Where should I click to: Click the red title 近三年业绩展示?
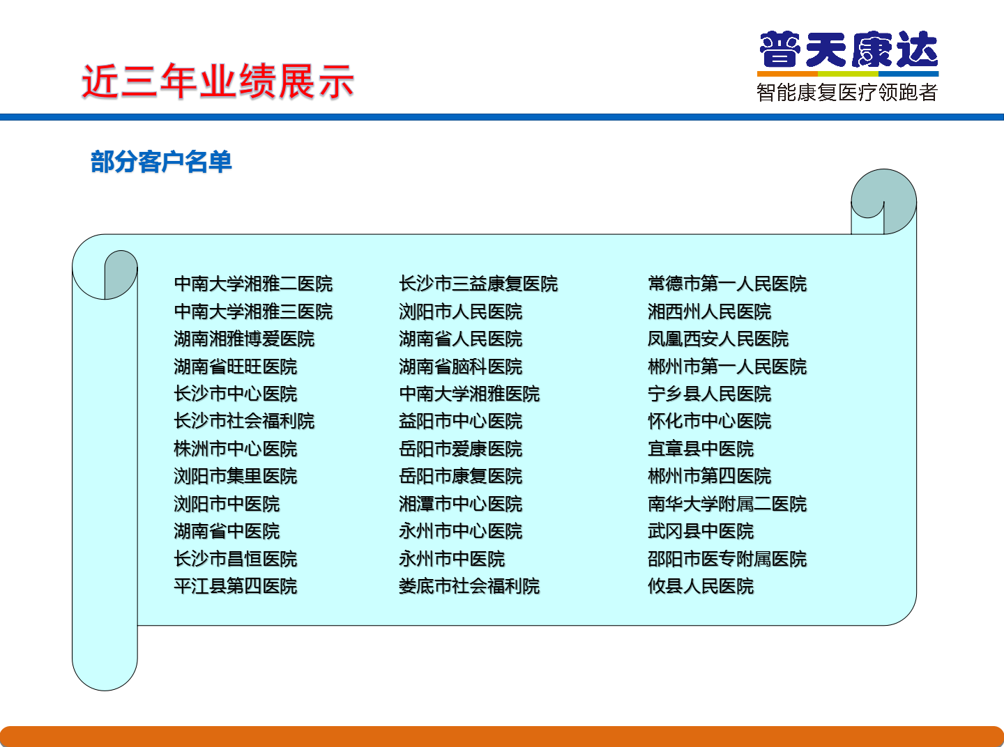[x=218, y=82]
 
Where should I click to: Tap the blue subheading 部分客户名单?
[x=161, y=162]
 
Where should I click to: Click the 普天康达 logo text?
[x=849, y=49]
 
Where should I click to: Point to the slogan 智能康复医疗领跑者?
[x=847, y=92]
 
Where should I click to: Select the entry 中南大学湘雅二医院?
[x=254, y=284]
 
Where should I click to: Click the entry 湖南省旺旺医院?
[x=236, y=367]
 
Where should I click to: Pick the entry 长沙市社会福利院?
[x=245, y=422]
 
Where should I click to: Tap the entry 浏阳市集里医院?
[x=236, y=477]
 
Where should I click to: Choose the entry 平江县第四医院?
[x=236, y=586]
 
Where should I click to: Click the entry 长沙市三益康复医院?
[x=478, y=284]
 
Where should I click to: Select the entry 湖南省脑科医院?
[x=461, y=367]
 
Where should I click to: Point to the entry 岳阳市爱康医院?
[x=461, y=449]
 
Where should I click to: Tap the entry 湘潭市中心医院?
[x=461, y=504]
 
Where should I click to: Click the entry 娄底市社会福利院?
[x=469, y=586]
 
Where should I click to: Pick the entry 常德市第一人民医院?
[x=727, y=284]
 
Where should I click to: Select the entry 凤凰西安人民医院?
[x=718, y=339]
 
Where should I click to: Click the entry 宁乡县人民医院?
[x=710, y=394]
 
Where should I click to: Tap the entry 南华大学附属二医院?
[x=727, y=504]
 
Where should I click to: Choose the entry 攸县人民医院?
[x=701, y=586]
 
